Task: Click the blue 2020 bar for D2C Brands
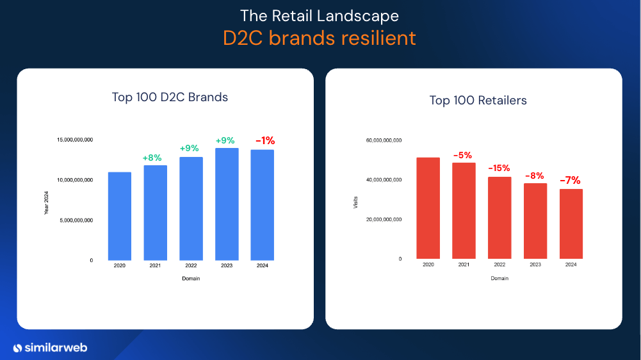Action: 120,216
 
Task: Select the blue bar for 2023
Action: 227,204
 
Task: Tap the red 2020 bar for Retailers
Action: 428,208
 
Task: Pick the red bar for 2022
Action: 499,217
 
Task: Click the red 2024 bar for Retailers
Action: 571,224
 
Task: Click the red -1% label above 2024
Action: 264,141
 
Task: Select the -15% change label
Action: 499,168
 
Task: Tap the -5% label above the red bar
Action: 462,155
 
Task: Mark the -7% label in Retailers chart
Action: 570,181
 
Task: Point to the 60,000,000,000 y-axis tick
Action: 384,140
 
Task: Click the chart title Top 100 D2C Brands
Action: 170,97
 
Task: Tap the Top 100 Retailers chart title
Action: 478,101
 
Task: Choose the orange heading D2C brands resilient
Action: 320,38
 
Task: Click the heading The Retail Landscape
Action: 320,15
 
